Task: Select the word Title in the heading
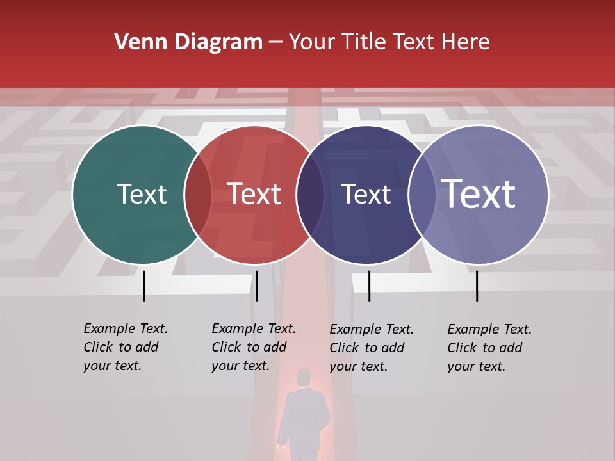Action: (x=365, y=42)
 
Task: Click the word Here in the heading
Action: (x=466, y=42)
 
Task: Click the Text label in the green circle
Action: (x=142, y=194)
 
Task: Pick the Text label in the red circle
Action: (x=254, y=194)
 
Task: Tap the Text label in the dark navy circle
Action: (x=366, y=194)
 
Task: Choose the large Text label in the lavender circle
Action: (x=479, y=194)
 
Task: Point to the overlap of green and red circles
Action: (x=198, y=195)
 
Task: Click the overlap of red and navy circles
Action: (x=310, y=195)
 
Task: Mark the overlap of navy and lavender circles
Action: (x=422, y=195)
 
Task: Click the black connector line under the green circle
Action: (x=143, y=286)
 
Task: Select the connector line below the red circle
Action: (x=256, y=286)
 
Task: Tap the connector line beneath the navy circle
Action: (x=369, y=286)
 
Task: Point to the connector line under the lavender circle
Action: (x=477, y=286)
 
